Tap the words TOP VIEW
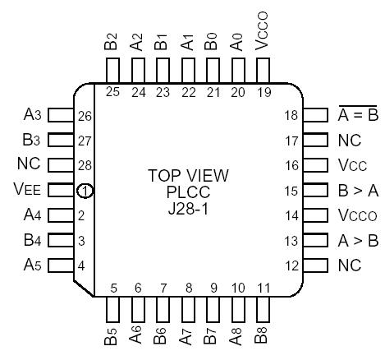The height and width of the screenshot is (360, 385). (188, 176)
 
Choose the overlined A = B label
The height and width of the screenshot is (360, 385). (355, 115)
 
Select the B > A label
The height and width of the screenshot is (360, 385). (356, 191)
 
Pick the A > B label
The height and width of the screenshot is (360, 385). (356, 242)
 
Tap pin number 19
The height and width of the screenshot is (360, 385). (263, 91)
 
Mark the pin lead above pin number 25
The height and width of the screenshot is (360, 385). (112, 68)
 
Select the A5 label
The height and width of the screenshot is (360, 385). (31, 266)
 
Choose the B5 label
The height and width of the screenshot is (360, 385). (112, 337)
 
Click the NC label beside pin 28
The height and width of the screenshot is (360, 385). (29, 165)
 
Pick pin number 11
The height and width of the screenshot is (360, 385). (263, 288)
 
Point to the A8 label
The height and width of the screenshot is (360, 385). (238, 337)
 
